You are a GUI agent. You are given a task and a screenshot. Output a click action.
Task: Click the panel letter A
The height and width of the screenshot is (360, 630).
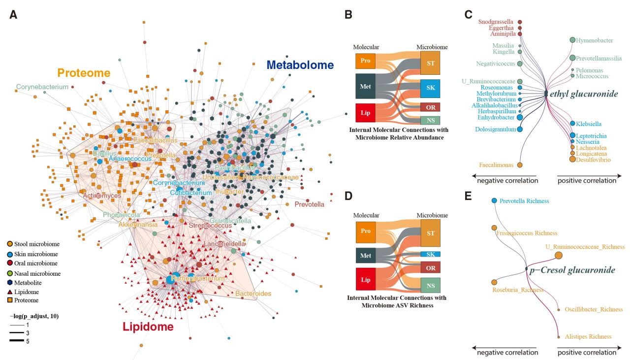tap(14, 15)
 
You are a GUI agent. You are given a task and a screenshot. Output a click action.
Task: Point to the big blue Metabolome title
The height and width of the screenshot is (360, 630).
tap(300, 65)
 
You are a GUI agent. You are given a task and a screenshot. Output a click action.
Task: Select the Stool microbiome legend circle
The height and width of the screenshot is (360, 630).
tap(10, 244)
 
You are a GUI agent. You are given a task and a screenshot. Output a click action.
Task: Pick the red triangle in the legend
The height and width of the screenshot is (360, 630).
tap(10, 292)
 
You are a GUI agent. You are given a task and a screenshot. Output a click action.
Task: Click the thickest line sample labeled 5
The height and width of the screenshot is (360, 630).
tap(17, 341)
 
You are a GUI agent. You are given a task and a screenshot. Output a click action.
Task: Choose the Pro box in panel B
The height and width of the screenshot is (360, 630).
tap(365, 61)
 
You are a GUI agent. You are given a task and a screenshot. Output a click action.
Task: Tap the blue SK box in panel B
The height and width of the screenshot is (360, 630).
tap(430, 88)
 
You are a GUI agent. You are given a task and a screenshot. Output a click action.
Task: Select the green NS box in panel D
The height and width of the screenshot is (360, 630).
tap(430, 285)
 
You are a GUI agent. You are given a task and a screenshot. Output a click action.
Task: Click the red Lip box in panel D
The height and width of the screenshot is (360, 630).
tap(365, 279)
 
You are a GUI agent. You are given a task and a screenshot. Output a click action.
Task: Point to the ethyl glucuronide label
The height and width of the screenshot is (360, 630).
tap(584, 94)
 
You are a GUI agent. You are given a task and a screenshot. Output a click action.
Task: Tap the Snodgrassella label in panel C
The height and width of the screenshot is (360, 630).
tap(496, 22)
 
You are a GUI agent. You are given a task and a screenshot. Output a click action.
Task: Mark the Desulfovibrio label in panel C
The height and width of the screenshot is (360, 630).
tap(594, 160)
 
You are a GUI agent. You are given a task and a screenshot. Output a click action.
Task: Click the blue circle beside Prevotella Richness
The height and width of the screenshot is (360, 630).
tap(494, 201)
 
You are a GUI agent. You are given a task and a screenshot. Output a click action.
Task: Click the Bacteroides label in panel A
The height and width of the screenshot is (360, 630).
tap(253, 294)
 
